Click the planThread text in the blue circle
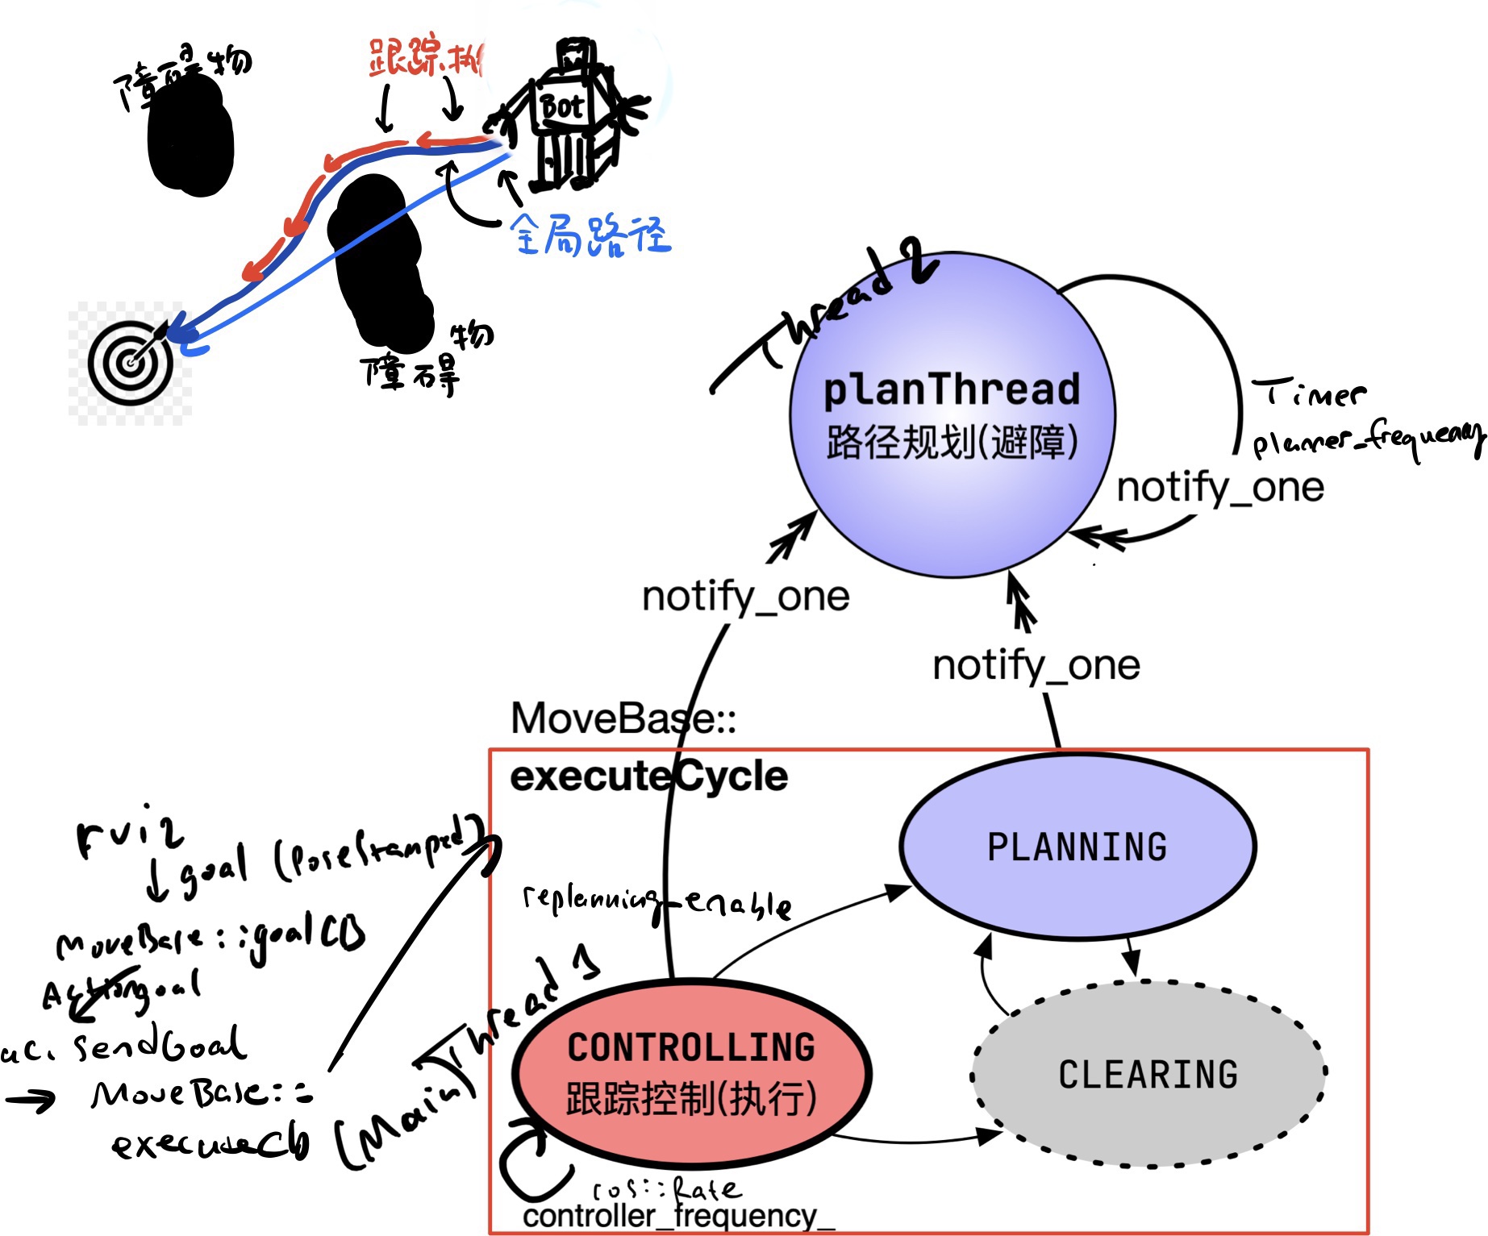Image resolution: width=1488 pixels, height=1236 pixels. [x=952, y=389]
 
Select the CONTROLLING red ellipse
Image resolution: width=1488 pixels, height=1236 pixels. [x=692, y=1073]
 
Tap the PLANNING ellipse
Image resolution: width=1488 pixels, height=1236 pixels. [x=1077, y=847]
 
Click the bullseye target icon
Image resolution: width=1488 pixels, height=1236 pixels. [x=130, y=363]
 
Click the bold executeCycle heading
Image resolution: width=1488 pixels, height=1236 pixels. [x=648, y=776]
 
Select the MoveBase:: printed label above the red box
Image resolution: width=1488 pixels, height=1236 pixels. [x=623, y=718]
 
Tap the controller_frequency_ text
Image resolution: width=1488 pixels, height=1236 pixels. [x=677, y=1216]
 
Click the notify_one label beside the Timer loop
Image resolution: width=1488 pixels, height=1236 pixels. [x=1220, y=487]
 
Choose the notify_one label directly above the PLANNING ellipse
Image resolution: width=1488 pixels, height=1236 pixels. [x=1036, y=665]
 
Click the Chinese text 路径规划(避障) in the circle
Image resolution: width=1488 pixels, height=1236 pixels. [x=952, y=442]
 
